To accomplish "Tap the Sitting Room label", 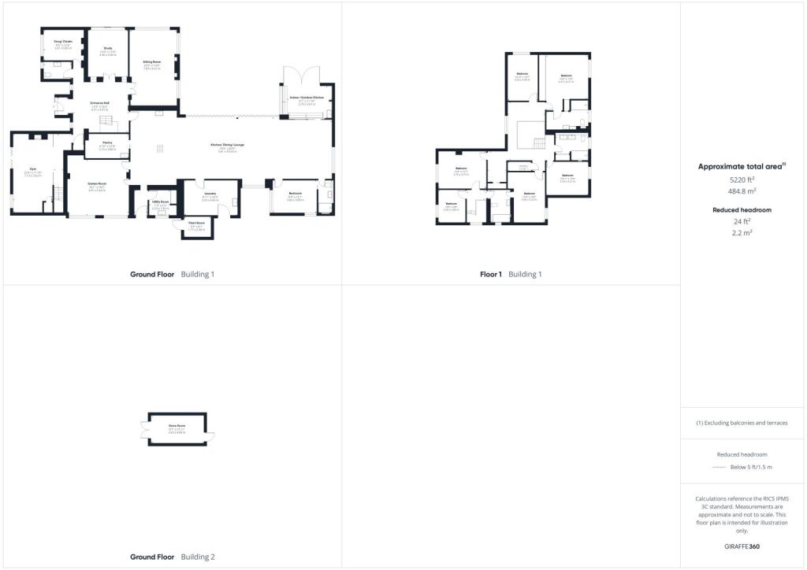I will coord(152,61).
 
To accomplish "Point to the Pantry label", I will coord(107,142).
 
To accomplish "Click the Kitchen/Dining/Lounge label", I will coord(227,145).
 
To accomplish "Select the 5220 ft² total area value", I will coord(742,180).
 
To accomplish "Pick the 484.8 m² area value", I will coord(742,191).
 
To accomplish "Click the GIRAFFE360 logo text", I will coord(742,546).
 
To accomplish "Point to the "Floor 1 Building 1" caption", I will coord(511,274).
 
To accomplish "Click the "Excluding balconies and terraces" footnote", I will coord(742,423).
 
